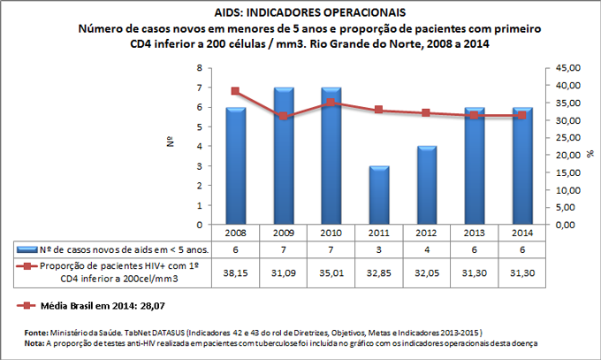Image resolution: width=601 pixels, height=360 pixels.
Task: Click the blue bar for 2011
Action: coord(378,195)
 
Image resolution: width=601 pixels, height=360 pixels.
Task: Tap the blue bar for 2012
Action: coord(426,185)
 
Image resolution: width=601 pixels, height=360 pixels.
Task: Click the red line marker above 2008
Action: coord(235,91)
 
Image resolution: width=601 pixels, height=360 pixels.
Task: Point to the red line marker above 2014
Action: coord(521,116)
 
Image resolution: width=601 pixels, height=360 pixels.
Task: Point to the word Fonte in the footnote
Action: coord(37,333)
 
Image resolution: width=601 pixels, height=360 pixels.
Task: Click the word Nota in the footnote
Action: coord(35,342)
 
